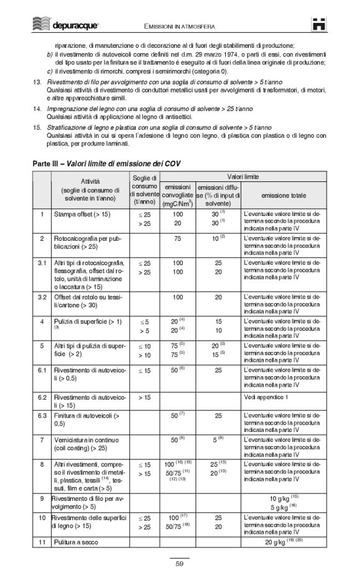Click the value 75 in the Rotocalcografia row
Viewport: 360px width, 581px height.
pyautogui.click(x=178, y=238)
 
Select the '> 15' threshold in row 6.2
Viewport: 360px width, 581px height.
pyautogui.click(x=144, y=396)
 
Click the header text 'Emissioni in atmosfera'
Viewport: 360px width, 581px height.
pyautogui.click(x=179, y=26)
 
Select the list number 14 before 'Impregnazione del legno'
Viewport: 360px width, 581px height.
pyautogui.click(x=37, y=109)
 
